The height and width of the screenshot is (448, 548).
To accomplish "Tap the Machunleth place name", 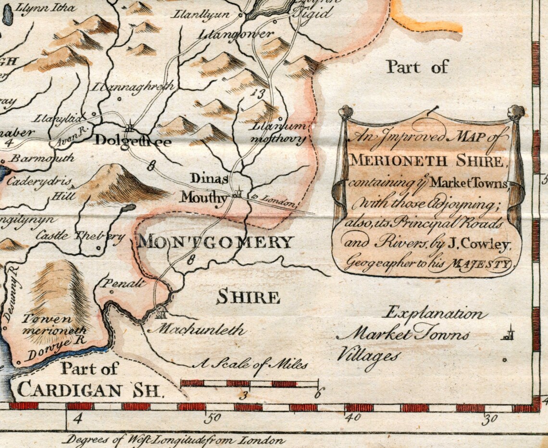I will point(196,330).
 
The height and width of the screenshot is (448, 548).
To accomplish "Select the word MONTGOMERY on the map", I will point(215,242).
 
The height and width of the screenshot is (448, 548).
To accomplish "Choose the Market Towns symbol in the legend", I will point(507,333).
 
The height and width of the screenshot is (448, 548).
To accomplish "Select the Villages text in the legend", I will point(368,356).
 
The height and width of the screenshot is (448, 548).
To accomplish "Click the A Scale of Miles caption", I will point(249,364).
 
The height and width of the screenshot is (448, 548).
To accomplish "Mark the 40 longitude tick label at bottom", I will point(352,417).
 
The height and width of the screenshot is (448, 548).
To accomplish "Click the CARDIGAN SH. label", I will point(90,389).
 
